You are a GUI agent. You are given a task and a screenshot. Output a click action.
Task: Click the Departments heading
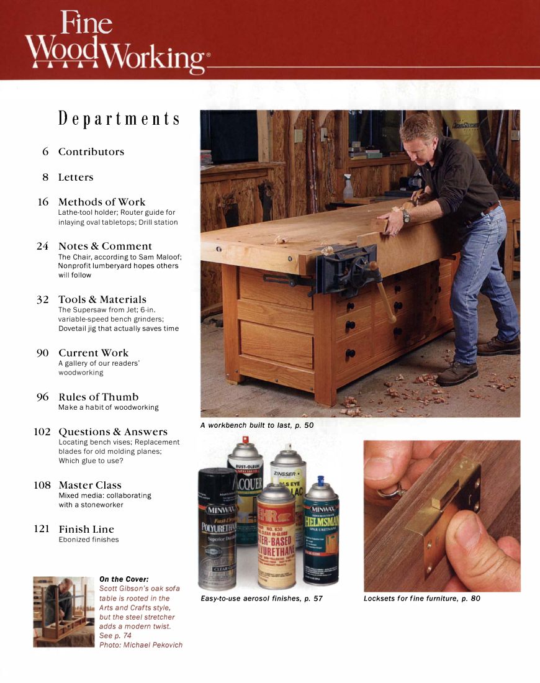tap(119, 118)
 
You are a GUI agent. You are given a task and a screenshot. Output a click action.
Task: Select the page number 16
tap(43, 202)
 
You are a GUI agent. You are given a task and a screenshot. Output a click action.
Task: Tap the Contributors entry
tap(91, 152)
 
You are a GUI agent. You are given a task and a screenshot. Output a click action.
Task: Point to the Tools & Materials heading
tap(102, 299)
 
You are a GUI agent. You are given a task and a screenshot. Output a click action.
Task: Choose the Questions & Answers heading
tap(113, 432)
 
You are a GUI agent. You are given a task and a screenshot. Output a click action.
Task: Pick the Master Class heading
tap(90, 485)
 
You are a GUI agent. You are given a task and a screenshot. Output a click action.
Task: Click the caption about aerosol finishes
tap(261, 599)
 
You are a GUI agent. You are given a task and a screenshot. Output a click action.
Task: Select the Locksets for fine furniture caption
tap(421, 599)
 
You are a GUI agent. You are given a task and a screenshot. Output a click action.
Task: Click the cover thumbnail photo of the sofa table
tap(64, 612)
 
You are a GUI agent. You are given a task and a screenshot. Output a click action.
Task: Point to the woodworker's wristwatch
tap(406, 215)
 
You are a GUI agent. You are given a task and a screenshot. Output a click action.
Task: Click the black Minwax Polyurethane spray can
tap(217, 528)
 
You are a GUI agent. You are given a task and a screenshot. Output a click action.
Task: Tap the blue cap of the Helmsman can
tap(321, 482)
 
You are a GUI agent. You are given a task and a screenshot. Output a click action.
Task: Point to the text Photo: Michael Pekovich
tap(141, 645)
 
